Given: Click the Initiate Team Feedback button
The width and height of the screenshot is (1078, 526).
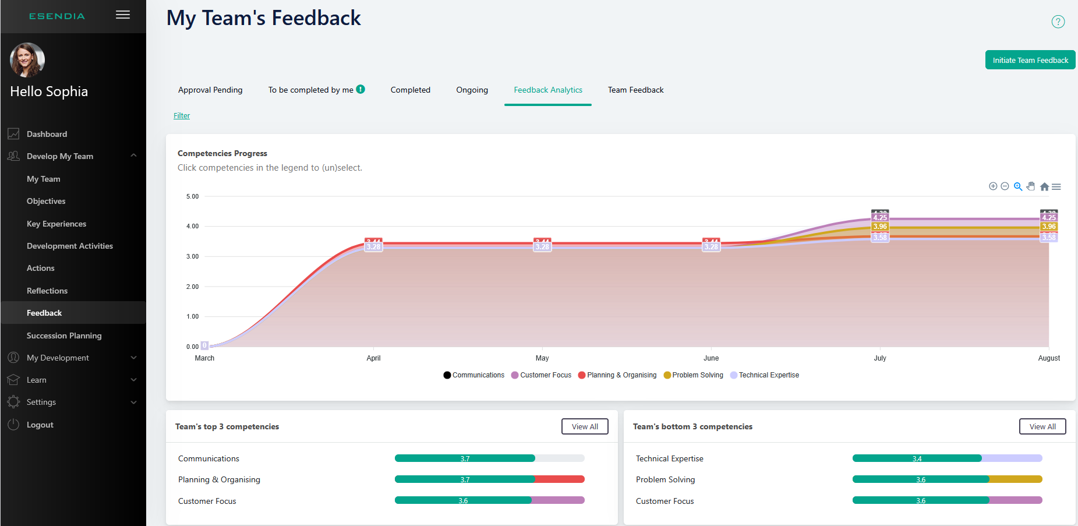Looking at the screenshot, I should click(1030, 60).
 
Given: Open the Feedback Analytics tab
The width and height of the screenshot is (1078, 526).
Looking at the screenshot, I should click(547, 90).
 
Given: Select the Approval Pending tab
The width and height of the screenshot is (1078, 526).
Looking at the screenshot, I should click(210, 90).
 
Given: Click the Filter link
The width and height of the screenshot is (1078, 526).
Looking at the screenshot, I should click(182, 115).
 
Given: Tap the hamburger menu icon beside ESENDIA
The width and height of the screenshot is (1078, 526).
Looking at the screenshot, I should click(123, 15).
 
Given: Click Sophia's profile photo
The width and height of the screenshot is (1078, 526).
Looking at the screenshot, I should click(27, 60).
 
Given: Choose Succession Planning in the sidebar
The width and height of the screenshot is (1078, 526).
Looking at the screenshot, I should click(64, 336).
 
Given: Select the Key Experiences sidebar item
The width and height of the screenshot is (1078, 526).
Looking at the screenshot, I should click(56, 224).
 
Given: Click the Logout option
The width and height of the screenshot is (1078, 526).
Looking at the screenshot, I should click(40, 425).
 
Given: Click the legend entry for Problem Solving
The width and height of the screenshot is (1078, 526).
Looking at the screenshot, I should click(694, 375).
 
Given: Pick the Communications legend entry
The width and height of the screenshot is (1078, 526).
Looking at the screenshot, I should click(474, 375).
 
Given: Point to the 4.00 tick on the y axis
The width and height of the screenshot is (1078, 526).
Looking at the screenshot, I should click(192, 226).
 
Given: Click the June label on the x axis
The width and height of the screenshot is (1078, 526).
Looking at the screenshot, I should click(711, 358).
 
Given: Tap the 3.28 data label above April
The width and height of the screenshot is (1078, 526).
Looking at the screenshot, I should click(373, 247).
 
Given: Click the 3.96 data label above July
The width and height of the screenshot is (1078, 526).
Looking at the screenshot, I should click(880, 227).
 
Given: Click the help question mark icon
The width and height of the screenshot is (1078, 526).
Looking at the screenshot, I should click(1058, 22).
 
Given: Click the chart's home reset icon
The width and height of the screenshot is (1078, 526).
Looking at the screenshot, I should click(1044, 187).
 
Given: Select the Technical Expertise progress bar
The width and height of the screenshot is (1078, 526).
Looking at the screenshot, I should click(947, 458).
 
